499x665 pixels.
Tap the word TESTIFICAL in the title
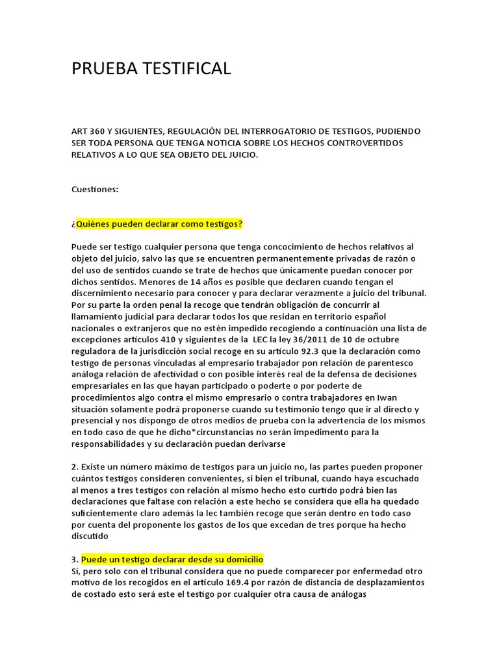pos(188,68)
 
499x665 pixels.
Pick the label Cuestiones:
pos(95,189)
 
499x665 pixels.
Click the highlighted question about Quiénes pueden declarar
pos(159,224)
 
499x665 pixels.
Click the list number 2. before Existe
pos(75,467)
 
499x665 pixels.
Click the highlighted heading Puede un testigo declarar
pos(172,560)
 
